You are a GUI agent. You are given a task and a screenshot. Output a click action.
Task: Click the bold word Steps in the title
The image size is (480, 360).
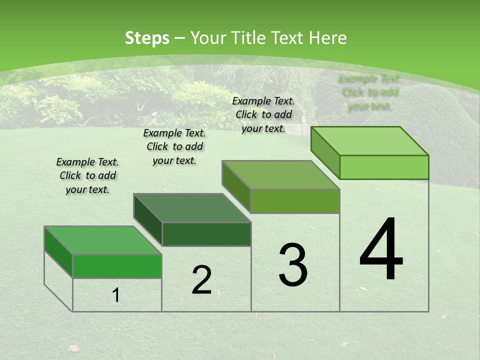click(146, 38)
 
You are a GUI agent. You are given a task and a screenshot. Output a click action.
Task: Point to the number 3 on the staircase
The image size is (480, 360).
click(293, 265)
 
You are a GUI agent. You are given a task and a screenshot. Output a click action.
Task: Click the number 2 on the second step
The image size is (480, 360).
click(201, 280)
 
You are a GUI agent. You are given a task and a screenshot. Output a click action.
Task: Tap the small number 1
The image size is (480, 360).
click(116, 295)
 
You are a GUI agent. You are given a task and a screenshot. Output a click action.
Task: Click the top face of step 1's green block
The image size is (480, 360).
click(102, 240)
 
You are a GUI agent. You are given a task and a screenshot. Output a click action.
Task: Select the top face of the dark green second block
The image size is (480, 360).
click(192, 207)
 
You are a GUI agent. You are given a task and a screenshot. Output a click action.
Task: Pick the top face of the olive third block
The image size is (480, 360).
click(280, 175)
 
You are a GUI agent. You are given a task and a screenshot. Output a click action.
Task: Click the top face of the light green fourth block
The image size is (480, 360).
click(370, 141)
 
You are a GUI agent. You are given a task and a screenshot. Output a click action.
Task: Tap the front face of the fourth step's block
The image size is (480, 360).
click(384, 167)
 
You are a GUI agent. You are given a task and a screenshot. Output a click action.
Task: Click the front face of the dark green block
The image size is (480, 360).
click(206, 234)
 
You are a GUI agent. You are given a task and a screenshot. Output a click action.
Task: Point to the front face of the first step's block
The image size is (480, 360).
click(117, 266)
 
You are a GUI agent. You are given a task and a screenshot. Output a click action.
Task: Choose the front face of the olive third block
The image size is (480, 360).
click(295, 201)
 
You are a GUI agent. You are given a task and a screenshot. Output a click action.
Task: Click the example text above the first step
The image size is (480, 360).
click(87, 175)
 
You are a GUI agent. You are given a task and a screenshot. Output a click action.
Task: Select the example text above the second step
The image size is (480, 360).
click(174, 146)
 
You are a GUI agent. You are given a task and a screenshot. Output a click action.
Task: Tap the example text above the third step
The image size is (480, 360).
click(263, 114)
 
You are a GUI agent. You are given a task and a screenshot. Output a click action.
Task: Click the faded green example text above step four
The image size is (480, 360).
click(369, 92)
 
